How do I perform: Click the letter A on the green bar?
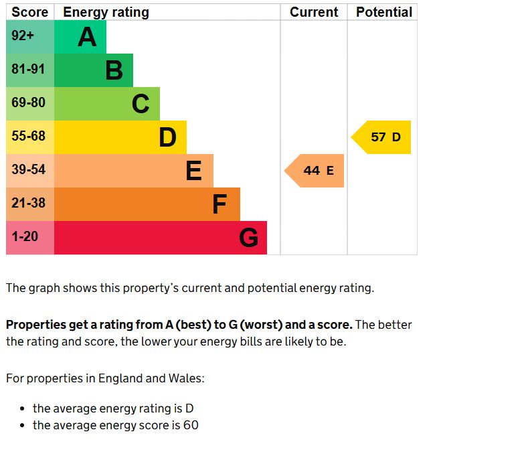[x=87, y=37]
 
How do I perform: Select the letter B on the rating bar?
[x=114, y=70]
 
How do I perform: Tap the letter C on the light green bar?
[x=141, y=104]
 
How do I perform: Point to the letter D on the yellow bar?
[x=167, y=137]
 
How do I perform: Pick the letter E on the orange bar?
[x=193, y=171]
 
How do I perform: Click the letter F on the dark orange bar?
[x=219, y=204]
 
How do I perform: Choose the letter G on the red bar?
[x=248, y=238]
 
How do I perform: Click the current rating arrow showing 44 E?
[x=315, y=171]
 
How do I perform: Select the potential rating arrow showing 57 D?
[x=381, y=137]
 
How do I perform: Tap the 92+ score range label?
[x=23, y=36]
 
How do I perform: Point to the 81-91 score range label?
[x=28, y=70]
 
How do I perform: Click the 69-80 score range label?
[x=28, y=103]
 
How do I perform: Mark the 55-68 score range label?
[x=28, y=137]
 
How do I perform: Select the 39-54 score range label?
[x=28, y=170]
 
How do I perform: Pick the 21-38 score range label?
[x=28, y=203]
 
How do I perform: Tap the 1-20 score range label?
[x=25, y=237]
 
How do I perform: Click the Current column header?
[x=314, y=12]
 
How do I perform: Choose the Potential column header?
[x=384, y=12]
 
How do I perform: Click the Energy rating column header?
[x=106, y=12]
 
